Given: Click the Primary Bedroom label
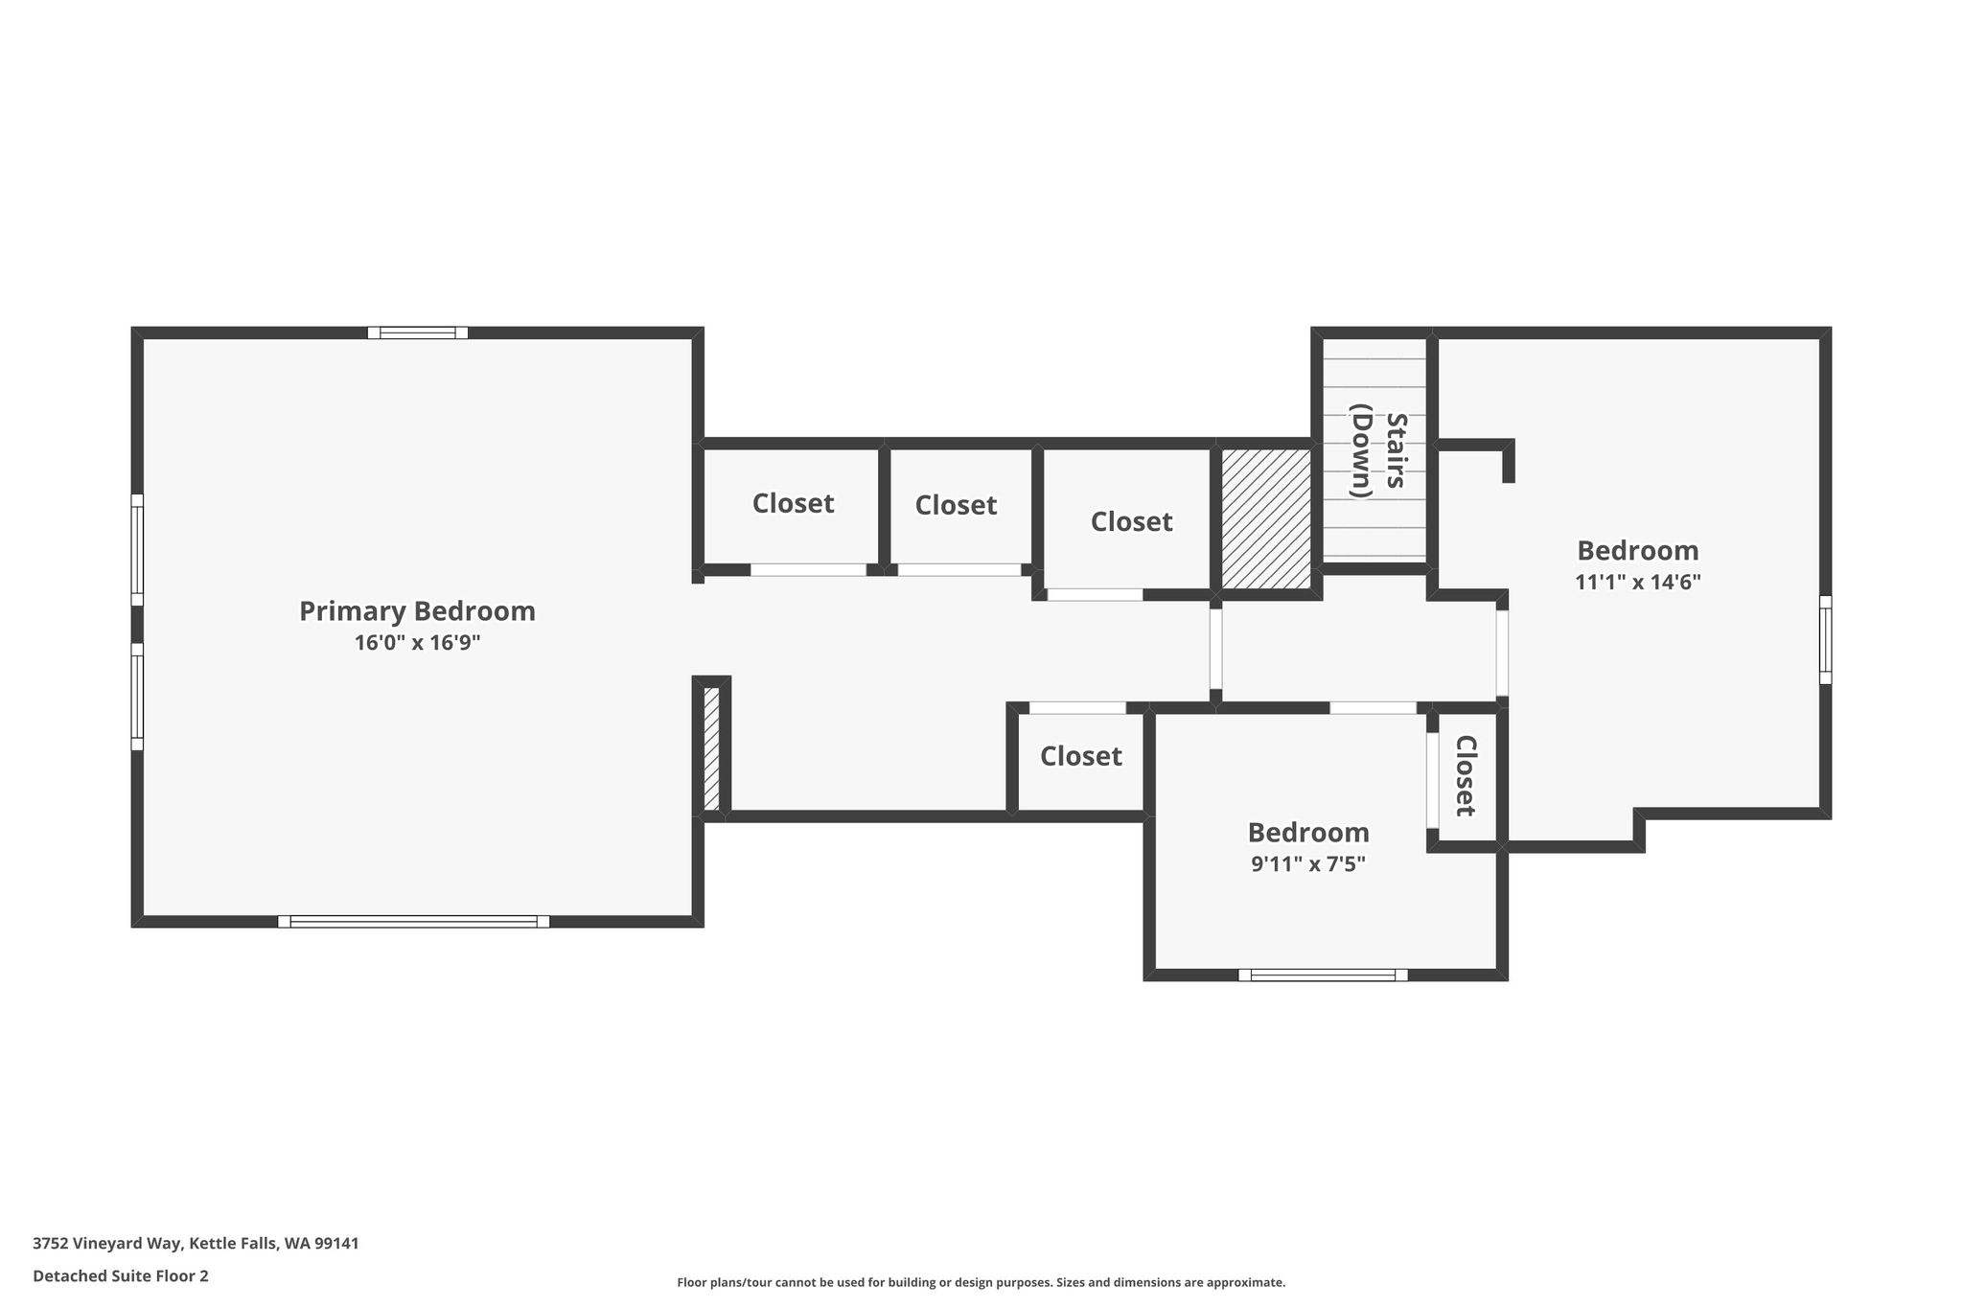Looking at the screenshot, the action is click(x=417, y=611).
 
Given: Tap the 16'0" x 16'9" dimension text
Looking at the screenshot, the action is click(x=417, y=643).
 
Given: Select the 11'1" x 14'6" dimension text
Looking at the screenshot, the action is click(x=1638, y=582).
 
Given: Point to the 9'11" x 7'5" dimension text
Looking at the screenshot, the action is click(x=1308, y=863).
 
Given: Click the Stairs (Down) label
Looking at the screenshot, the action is click(x=1379, y=451).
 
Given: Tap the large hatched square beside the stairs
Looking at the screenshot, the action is click(x=1266, y=518).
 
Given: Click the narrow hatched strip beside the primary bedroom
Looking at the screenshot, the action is click(x=711, y=748).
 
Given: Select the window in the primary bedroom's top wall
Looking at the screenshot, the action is click(x=418, y=333).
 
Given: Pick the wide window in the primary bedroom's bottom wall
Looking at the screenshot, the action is click(x=414, y=922).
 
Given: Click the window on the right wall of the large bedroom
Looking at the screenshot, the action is click(x=1825, y=640).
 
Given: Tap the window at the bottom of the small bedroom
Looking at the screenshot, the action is click(x=1323, y=975).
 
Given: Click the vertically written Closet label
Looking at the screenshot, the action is click(x=1465, y=775).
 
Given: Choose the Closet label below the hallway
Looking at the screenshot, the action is click(x=1081, y=756).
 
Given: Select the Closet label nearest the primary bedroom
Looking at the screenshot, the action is click(x=793, y=503).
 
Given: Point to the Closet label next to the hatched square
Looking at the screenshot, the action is click(x=1131, y=521).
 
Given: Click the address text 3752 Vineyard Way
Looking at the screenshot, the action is click(x=107, y=1244).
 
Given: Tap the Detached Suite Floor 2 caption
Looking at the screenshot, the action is click(x=121, y=1275).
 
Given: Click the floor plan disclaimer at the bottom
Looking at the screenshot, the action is click(x=981, y=1282).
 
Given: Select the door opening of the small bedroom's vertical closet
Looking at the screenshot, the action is click(x=1433, y=780).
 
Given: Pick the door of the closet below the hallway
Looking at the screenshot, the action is click(x=1077, y=708).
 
